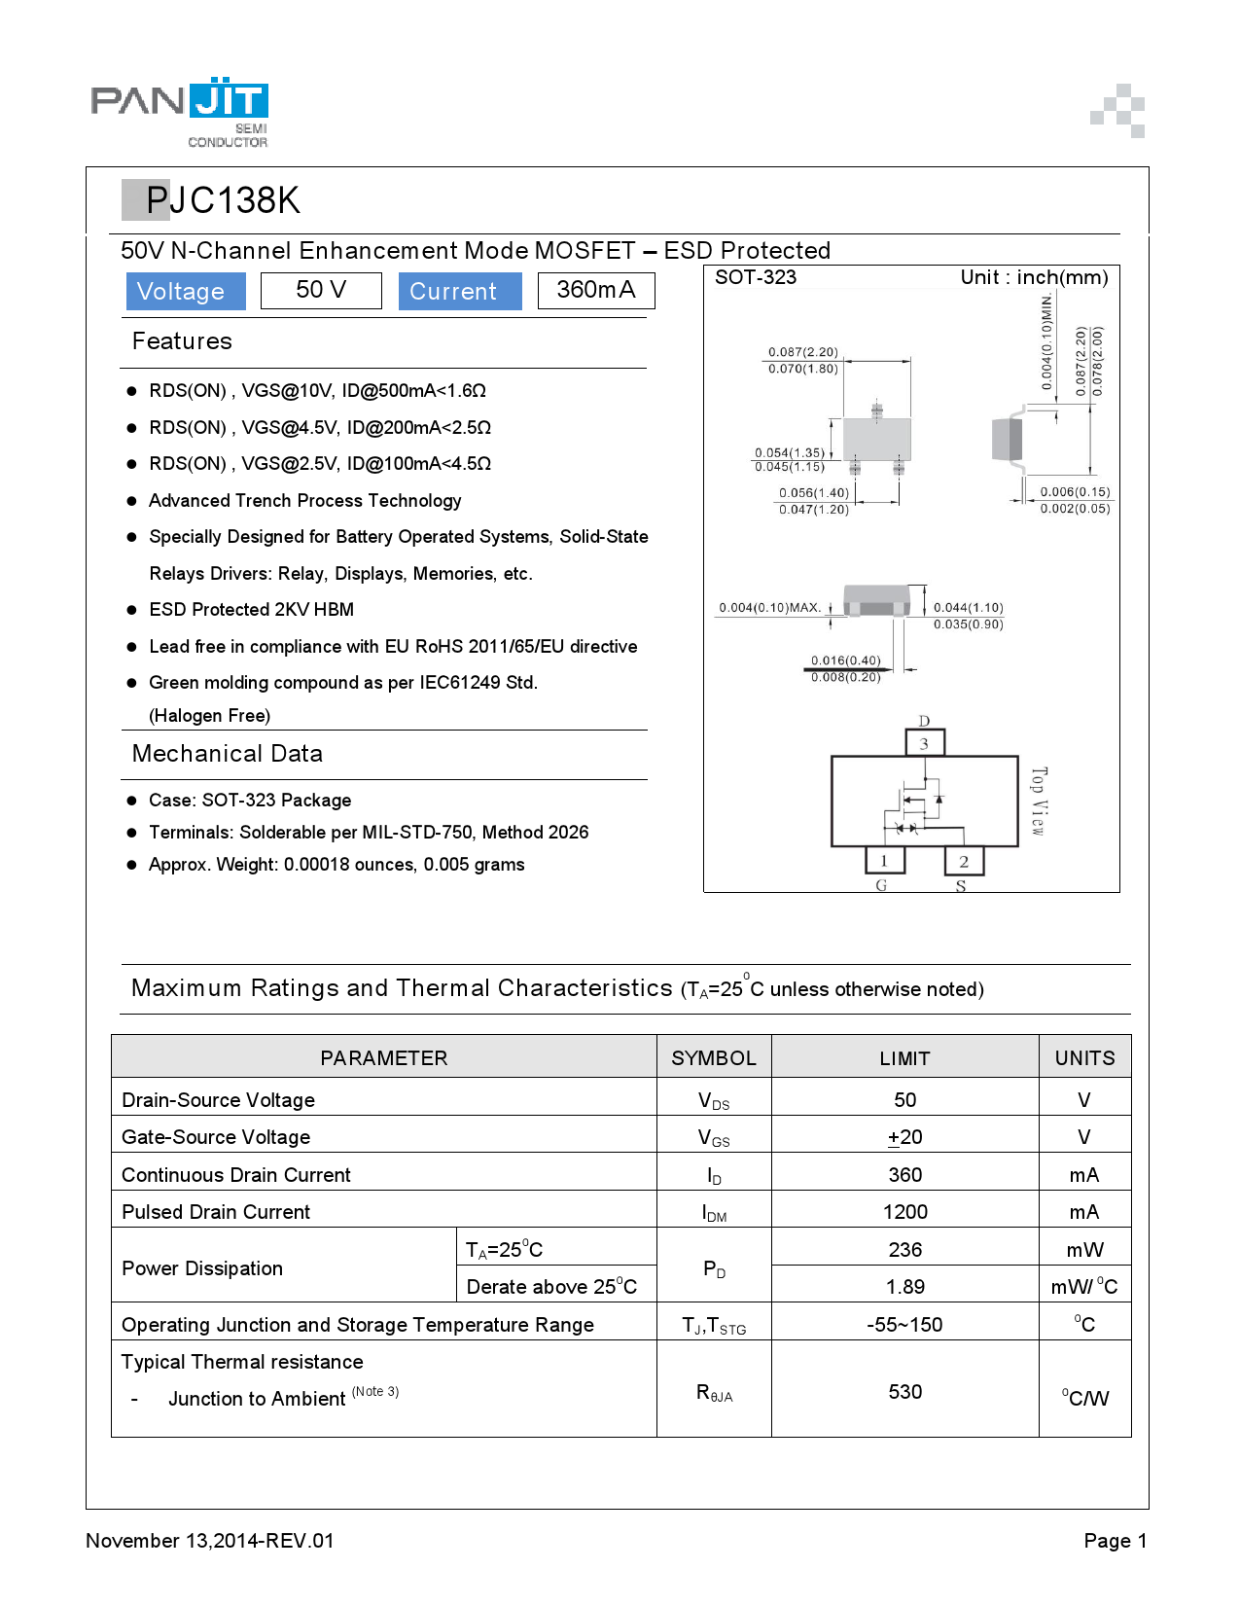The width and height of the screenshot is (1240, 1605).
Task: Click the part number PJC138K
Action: click(223, 200)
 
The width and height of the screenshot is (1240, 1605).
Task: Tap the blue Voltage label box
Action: click(185, 291)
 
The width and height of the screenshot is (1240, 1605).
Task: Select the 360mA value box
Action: click(596, 290)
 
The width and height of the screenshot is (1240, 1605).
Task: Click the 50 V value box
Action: click(321, 290)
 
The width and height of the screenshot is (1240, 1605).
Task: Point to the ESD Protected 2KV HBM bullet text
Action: click(251, 610)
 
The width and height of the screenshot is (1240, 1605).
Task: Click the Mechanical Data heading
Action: click(228, 754)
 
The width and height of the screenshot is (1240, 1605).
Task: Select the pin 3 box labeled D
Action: click(924, 743)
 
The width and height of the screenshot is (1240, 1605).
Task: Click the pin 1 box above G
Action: click(884, 861)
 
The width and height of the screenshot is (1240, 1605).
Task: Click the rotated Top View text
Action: click(1038, 801)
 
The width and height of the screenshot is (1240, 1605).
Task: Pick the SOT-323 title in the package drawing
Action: click(756, 277)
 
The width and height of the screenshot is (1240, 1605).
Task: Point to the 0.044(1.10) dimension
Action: click(968, 607)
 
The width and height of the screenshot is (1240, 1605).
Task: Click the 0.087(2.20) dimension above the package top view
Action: click(802, 352)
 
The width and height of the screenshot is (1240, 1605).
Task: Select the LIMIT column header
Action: click(904, 1058)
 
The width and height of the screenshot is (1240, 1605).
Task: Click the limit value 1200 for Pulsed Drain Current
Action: click(904, 1212)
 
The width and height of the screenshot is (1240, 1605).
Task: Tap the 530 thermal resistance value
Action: click(904, 1392)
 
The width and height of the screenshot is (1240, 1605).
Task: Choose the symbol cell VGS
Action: click(714, 1137)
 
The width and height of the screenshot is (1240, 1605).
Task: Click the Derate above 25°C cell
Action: click(551, 1286)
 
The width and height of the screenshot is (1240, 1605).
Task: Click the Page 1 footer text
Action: click(1115, 1541)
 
